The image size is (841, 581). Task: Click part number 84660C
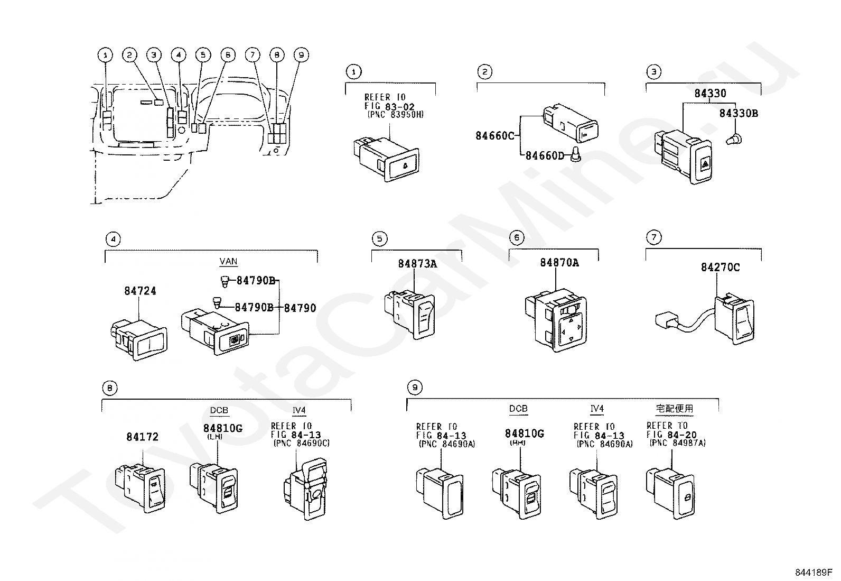click(494, 135)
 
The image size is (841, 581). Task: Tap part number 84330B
click(739, 113)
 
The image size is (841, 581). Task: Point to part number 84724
click(140, 291)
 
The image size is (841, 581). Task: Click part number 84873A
click(417, 263)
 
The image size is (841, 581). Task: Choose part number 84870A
click(559, 262)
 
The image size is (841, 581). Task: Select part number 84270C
click(720, 268)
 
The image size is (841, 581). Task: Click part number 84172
click(142, 437)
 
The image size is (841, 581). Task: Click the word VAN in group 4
click(228, 262)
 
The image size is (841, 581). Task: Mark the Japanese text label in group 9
click(674, 409)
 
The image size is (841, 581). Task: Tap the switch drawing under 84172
click(141, 487)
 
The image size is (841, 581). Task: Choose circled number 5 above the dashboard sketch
click(203, 54)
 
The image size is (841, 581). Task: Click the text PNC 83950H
click(395, 115)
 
